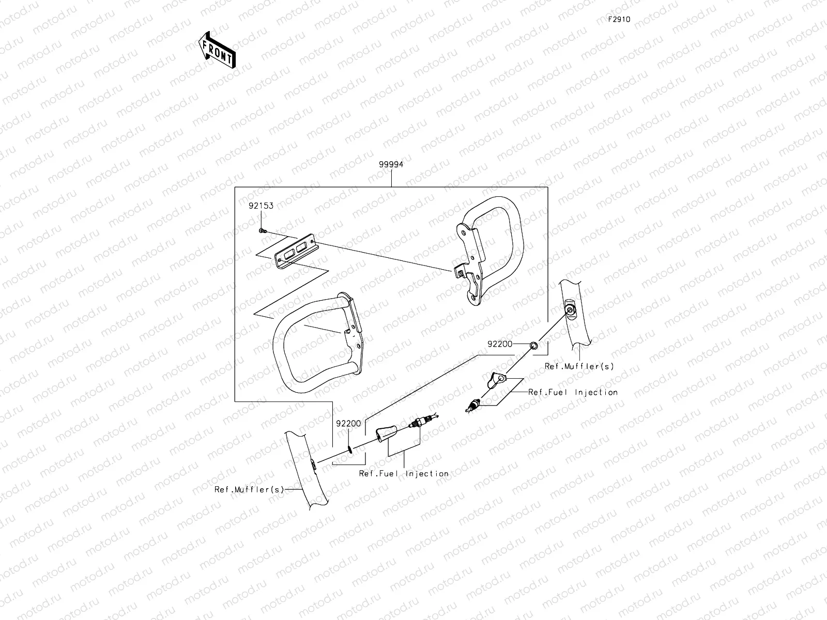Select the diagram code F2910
click(x=619, y=20)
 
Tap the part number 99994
click(x=391, y=165)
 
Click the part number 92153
click(x=261, y=206)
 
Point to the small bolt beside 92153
click(x=262, y=230)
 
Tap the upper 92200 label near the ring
click(x=499, y=344)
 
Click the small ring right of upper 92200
click(x=533, y=344)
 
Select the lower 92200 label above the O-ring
click(x=348, y=424)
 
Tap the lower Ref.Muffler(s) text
click(x=250, y=489)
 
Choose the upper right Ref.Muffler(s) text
click(x=579, y=366)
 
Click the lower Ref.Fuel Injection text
click(x=404, y=473)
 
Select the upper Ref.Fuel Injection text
click(x=573, y=392)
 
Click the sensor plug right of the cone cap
click(x=420, y=423)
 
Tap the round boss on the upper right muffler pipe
click(x=570, y=310)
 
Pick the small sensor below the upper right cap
click(x=472, y=406)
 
